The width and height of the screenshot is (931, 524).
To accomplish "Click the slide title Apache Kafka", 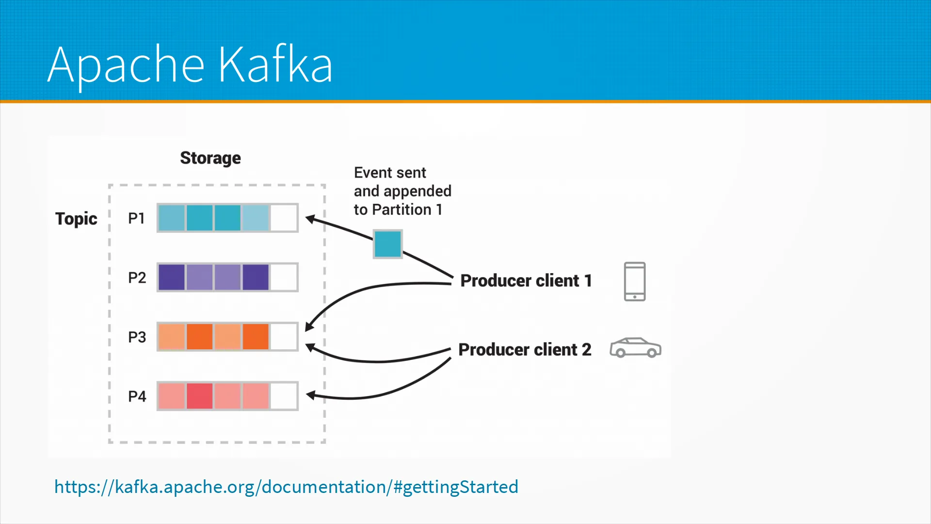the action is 190,65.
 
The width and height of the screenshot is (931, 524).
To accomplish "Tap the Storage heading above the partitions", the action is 210,158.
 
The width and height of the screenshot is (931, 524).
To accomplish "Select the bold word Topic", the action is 76,219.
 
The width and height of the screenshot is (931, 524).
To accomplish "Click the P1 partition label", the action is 136,218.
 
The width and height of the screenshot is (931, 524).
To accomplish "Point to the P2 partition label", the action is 137,278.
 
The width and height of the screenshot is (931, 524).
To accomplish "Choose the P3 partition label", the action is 137,337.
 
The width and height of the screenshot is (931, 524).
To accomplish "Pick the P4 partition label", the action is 137,396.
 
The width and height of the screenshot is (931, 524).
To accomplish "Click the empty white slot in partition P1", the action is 284,218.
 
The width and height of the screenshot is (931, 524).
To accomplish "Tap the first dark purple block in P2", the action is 172,277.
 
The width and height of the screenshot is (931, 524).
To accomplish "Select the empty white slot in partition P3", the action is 284,337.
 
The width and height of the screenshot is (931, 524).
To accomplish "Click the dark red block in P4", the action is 199,396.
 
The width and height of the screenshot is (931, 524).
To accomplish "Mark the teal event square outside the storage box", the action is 387,244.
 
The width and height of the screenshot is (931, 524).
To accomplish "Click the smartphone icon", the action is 635,281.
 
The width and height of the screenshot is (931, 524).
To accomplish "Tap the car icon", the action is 635,347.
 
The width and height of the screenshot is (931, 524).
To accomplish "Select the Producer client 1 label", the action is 526,280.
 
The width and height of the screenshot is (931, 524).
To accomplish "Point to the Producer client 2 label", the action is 525,349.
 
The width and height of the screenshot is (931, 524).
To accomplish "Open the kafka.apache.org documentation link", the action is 286,487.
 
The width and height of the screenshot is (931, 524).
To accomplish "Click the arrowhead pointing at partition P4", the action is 311,396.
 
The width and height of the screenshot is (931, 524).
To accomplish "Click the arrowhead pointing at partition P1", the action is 311,219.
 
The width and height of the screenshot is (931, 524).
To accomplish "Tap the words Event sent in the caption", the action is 390,173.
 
